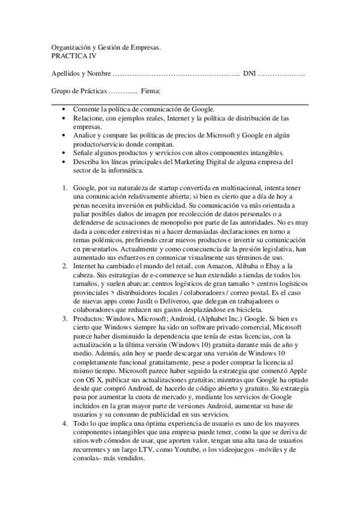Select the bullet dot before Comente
point(65,109)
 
